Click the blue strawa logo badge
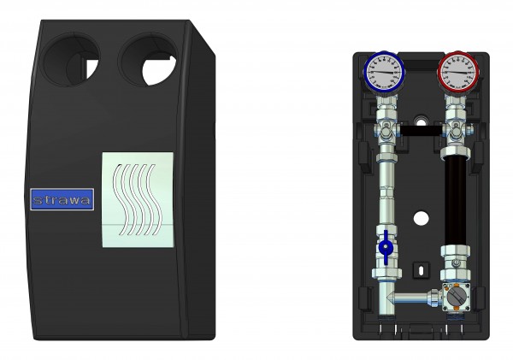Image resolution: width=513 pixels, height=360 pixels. pos(62,199)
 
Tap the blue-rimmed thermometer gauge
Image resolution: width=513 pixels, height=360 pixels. pos(384,72)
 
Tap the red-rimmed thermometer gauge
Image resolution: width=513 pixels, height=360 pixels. pos(458,72)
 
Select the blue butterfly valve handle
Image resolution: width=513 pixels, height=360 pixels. pos(386,246)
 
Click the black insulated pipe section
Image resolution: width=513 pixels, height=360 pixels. pos(456,200)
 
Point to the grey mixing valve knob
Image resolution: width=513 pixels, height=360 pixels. pos(456,297)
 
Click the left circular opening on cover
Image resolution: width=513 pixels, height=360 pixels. pos(71,61)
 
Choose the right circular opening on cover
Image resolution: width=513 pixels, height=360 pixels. pos(149,60)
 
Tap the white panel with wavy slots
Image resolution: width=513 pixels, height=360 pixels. pos(138,199)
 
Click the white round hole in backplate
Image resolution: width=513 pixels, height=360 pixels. pos(421,218)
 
